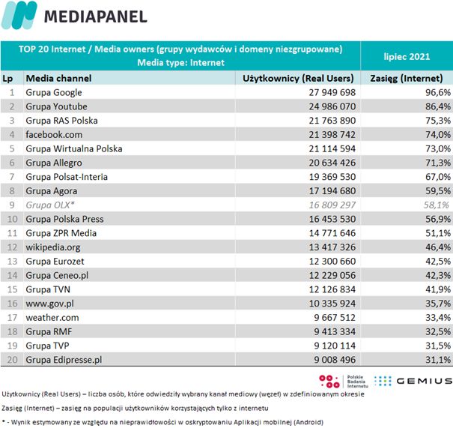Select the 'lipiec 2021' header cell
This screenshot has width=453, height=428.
coord(406,55)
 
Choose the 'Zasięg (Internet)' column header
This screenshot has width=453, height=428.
coord(407,78)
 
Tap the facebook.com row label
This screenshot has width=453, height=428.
coord(54,134)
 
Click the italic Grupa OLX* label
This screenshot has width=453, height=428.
coord(49,205)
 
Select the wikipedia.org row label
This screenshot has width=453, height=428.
coord(52,247)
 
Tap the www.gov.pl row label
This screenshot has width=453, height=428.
coord(49,304)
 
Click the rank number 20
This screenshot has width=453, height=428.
coord(12,360)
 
